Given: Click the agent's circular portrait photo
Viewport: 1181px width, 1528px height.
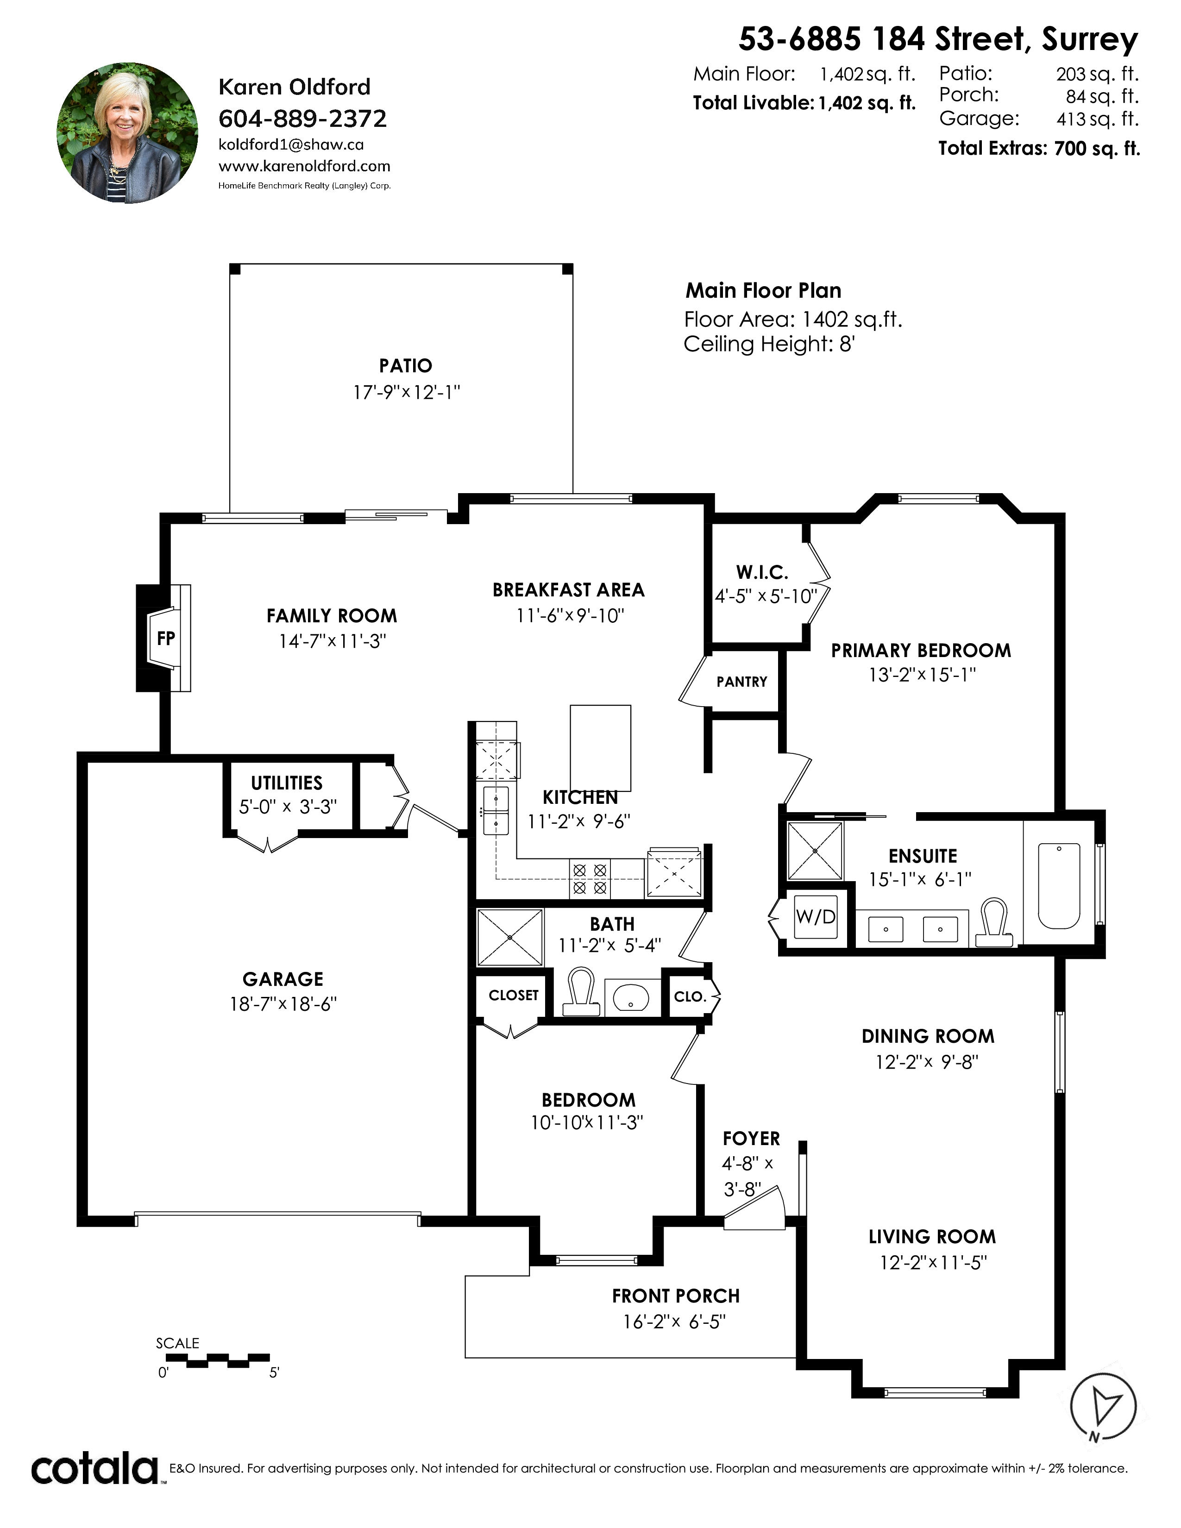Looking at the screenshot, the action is (127, 133).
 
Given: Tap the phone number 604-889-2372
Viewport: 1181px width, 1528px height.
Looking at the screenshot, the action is (302, 119).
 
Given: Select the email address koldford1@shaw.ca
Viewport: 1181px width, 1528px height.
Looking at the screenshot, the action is (291, 145).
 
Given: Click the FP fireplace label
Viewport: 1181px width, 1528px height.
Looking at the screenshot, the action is (166, 638).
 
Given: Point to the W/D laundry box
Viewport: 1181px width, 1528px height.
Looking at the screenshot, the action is (816, 916).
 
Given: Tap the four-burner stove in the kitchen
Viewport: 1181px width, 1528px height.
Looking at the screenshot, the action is (590, 879).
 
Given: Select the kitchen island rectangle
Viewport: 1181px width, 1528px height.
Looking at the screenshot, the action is (600, 748).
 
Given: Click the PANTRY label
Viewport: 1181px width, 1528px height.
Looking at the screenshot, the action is (741, 682).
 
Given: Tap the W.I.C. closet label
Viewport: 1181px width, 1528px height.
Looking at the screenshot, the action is (762, 572).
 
